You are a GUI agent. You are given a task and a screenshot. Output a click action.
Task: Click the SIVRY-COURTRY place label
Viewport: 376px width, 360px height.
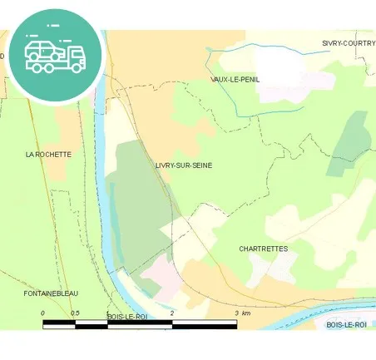pos(348,42)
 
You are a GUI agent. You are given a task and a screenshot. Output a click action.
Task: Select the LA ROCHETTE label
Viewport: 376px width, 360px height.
pos(48,154)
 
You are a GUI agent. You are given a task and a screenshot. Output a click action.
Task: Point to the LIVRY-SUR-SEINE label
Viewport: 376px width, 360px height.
pos(183,165)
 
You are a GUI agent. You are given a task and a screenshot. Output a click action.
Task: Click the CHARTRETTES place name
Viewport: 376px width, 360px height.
pos(263,249)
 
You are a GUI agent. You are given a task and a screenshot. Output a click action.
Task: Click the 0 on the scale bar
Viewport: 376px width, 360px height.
pos(42,313)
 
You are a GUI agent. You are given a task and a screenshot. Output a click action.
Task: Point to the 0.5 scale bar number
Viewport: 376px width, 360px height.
pos(75,313)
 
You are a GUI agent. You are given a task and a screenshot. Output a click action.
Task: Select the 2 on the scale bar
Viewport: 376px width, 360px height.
pos(171,313)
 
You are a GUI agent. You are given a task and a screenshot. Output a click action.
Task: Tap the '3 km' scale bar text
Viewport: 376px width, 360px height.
pos(242,313)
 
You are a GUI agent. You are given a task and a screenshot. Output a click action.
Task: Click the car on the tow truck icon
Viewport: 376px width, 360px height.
pos(43,49)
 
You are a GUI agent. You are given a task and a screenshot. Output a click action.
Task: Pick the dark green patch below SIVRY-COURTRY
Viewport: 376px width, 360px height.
pos(349,141)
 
